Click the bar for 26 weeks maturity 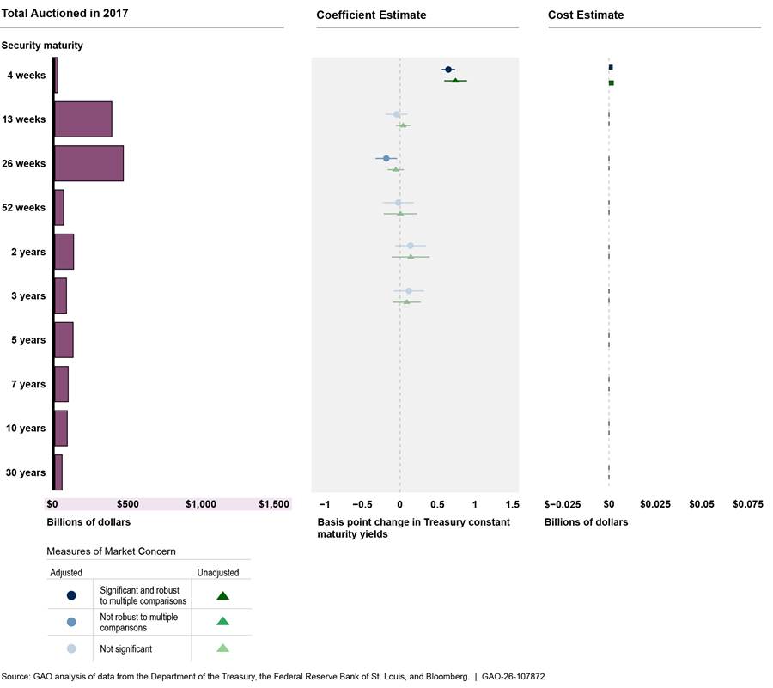tap(88, 163)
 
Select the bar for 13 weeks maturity tap(82, 119)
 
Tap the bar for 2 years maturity tap(64, 251)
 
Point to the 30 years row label tap(26, 472)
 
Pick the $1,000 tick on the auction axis tap(201, 504)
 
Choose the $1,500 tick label tap(274, 504)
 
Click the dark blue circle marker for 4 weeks tap(447, 69)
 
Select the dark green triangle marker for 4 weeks tap(455, 81)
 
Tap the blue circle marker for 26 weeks tap(386, 158)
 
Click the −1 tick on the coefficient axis tap(325, 504)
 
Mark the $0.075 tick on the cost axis tap(747, 504)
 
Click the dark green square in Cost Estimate tap(611, 83)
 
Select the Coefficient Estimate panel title tap(371, 15)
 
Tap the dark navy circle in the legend tap(71, 595)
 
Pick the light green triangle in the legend tap(222, 648)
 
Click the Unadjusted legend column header tap(218, 572)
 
